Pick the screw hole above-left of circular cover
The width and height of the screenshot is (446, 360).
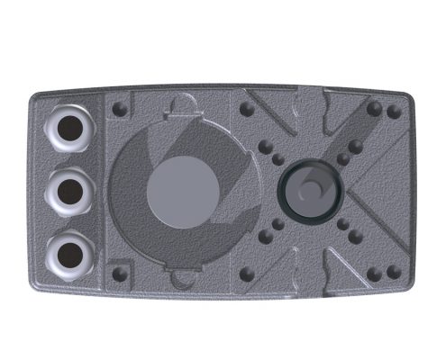click(118, 109)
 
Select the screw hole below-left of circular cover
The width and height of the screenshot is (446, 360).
click(118, 270)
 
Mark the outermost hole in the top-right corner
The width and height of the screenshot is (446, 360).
click(393, 112)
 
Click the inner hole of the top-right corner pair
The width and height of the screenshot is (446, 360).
click(374, 112)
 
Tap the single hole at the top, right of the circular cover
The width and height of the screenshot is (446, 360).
click(244, 109)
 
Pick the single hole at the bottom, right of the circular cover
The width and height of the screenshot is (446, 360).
click(244, 270)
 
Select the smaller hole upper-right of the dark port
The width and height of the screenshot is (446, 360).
click(343, 158)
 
